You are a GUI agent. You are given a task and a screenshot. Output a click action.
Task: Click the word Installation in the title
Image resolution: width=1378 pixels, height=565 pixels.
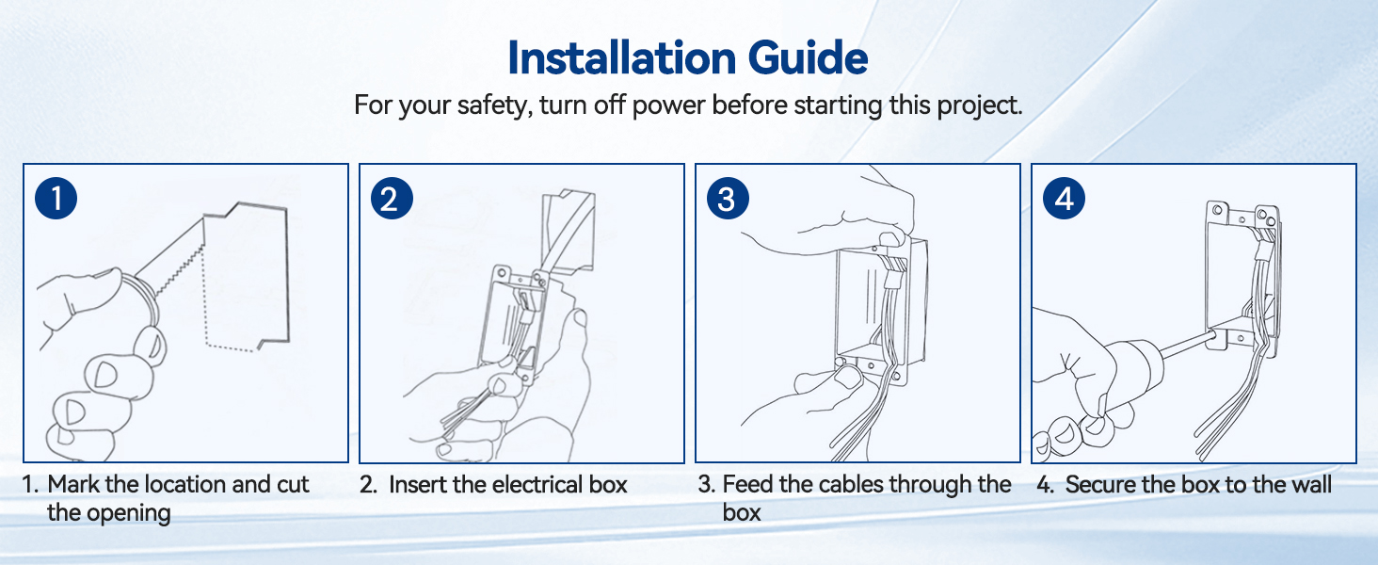[622, 57]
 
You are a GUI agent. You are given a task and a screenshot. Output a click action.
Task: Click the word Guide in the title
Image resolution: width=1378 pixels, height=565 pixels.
[808, 57]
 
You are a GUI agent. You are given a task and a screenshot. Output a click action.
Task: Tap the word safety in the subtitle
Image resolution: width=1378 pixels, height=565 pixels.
[494, 105]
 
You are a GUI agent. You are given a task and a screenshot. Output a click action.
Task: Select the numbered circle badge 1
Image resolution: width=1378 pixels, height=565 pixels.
[56, 198]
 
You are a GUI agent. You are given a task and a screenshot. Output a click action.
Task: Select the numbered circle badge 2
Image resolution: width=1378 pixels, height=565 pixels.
[392, 198]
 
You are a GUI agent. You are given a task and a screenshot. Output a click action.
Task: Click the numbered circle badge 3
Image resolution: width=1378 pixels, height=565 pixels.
[728, 198]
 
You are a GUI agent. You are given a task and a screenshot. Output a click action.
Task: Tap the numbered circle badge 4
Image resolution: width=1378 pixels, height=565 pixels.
[1065, 198]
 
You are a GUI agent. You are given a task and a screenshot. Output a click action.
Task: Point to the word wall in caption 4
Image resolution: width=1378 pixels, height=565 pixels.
[1310, 484]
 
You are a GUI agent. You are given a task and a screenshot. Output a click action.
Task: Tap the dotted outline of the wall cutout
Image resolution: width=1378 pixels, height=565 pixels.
[205, 308]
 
